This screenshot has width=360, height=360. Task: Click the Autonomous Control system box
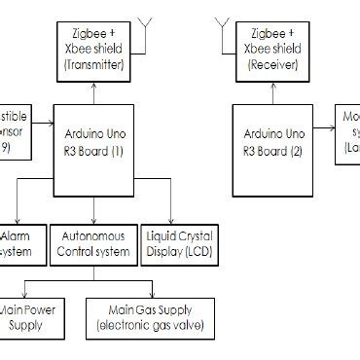[x=94, y=244]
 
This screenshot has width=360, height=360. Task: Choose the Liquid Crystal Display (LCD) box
[x=180, y=244]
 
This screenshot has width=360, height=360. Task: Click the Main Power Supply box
[x=34, y=317]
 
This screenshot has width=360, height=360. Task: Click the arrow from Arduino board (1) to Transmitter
[x=95, y=91]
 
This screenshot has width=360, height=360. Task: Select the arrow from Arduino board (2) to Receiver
[x=271, y=91]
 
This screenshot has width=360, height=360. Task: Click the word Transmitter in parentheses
[x=95, y=65]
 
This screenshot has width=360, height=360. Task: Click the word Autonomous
[x=94, y=236]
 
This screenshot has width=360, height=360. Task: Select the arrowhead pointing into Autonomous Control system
[x=94, y=222]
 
